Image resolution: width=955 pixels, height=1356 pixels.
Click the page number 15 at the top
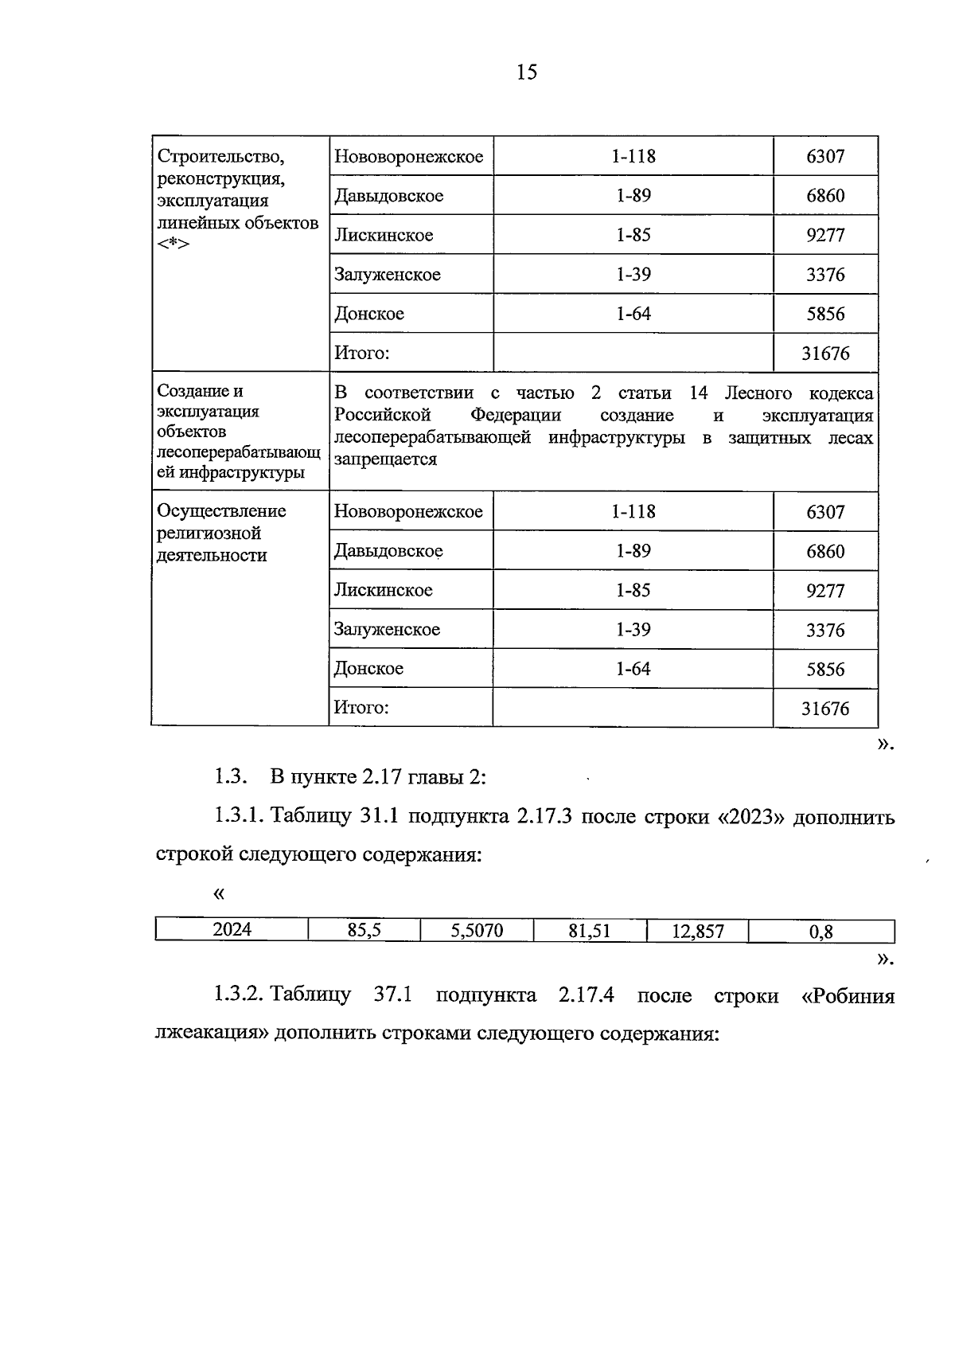[527, 72]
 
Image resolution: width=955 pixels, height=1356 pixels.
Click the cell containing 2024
[232, 929]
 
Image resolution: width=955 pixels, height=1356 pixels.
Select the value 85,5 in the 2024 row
[364, 929]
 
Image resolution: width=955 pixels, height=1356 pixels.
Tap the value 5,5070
[477, 930]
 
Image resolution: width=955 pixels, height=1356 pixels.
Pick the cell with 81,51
[590, 930]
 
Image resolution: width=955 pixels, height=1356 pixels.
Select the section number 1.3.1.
[240, 817]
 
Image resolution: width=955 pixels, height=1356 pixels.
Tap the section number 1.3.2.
[240, 996]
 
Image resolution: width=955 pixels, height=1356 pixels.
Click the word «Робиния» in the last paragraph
[848, 996]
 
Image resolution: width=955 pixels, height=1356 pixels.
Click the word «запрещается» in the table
[385, 459]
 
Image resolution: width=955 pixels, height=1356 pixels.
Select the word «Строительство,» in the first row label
[221, 156]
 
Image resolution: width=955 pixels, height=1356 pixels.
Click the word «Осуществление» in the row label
[222, 511]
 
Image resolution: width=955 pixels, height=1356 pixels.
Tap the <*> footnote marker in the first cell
[173, 244]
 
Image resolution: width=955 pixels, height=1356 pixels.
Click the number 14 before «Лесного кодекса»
[698, 393]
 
